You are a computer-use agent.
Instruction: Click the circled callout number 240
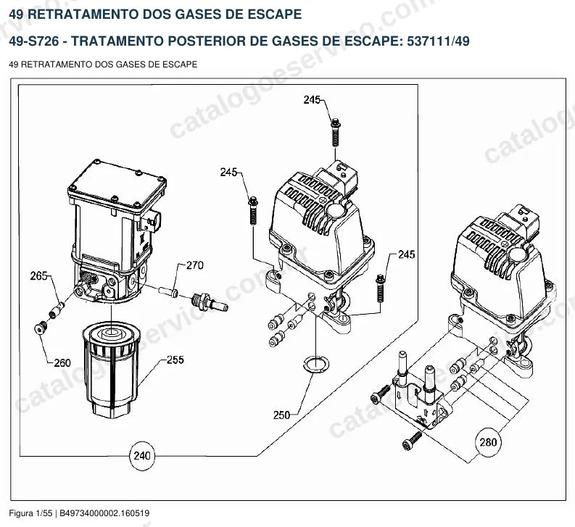142,456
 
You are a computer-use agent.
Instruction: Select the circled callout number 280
488,442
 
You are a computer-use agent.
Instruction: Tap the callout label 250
281,415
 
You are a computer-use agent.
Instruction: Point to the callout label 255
175,360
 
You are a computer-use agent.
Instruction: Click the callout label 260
62,363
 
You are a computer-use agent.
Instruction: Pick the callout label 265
38,275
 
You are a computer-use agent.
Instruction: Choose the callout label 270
195,265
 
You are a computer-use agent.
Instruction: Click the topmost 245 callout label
312,100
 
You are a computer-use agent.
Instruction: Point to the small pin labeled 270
169,291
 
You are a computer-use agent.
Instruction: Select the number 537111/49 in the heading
438,41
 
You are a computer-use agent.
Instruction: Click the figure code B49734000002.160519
104,513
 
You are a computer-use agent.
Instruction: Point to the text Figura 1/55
30,513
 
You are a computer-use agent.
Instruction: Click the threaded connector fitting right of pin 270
210,302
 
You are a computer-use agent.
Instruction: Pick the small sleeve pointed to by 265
57,310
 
